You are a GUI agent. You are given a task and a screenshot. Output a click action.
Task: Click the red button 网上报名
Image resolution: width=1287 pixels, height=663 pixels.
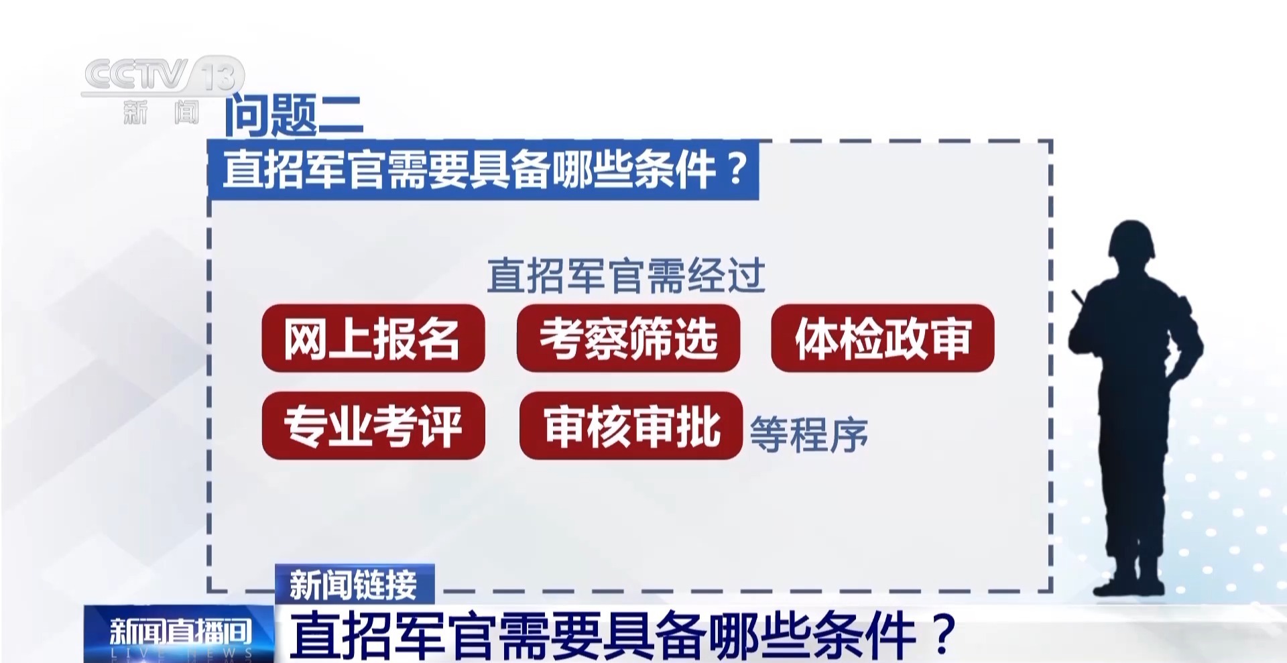(373, 339)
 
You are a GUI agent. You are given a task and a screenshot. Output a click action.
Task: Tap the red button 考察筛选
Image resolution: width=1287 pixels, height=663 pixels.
(628, 339)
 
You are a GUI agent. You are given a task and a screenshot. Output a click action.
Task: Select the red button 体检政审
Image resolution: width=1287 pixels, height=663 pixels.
(882, 339)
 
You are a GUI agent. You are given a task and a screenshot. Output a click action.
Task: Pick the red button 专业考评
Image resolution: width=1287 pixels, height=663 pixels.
(373, 426)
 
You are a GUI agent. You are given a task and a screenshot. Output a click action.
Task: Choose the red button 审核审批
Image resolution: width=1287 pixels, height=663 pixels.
(631, 426)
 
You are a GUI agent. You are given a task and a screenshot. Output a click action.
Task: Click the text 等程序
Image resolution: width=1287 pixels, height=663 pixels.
(808, 434)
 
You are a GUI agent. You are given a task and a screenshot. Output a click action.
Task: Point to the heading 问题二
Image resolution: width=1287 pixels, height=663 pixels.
(294, 116)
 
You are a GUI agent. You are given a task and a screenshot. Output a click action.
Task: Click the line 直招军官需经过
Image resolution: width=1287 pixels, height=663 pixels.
(625, 276)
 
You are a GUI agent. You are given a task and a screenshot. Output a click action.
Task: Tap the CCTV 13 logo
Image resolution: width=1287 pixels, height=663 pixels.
(163, 76)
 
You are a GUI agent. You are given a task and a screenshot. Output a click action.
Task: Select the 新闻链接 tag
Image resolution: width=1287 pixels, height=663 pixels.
(354, 585)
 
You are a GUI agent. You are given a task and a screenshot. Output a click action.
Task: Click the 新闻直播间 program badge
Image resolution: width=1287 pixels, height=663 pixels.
(179, 634)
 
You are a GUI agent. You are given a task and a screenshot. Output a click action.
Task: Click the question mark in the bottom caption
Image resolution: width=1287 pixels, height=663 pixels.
(945, 634)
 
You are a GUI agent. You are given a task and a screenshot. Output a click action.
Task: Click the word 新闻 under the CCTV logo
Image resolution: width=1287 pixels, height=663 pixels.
(161, 112)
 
